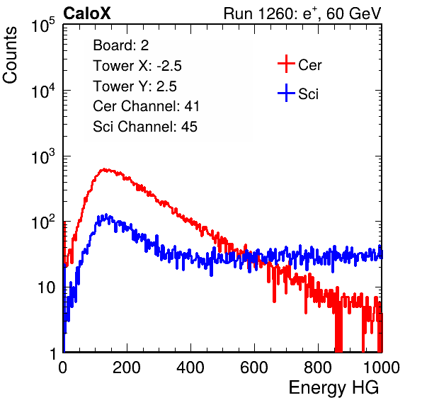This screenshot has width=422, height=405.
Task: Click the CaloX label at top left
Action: click(87, 13)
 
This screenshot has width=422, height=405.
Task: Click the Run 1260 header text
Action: click(302, 13)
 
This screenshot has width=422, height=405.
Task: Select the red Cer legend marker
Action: click(286, 64)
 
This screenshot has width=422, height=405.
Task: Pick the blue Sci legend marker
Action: click(286, 93)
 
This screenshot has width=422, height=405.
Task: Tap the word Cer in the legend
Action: click(309, 65)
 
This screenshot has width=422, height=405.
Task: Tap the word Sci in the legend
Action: click(308, 94)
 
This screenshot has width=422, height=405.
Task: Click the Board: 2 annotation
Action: click(120, 45)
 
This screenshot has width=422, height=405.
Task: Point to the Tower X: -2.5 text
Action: click(137, 66)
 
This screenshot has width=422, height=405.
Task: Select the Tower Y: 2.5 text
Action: click(135, 86)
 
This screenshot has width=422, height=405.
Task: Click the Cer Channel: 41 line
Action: click(146, 106)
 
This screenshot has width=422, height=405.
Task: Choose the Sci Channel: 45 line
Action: click(145, 127)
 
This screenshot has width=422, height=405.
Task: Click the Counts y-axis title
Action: click(10, 55)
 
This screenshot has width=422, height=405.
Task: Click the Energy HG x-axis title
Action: click(333, 388)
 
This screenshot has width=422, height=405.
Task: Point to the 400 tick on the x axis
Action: click(190, 367)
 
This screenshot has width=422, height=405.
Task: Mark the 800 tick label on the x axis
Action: click(318, 367)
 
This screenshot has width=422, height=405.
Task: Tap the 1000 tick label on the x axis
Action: click(382, 367)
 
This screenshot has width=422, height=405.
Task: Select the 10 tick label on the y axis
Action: click(47, 287)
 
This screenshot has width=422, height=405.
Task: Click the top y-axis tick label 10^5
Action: click(43, 25)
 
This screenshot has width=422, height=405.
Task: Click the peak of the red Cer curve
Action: click(103, 169)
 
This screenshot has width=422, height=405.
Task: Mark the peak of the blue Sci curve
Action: click(106, 215)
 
